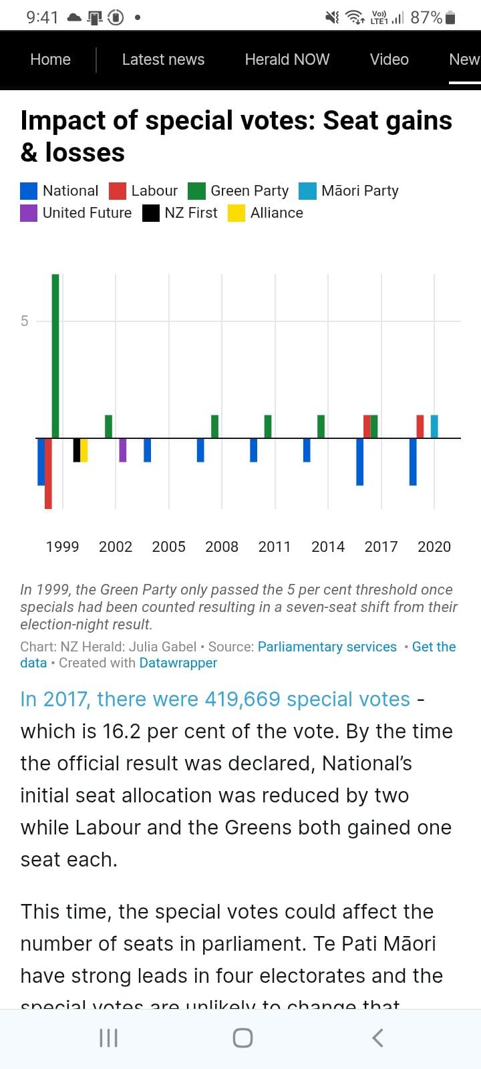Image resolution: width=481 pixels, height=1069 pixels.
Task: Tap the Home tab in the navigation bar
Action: [50, 59]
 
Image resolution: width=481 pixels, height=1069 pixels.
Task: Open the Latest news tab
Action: [163, 59]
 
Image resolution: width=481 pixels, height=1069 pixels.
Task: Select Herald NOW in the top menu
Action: [287, 59]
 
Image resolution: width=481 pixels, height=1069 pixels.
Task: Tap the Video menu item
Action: [389, 59]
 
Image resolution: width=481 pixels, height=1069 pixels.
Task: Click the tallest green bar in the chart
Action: [55, 355]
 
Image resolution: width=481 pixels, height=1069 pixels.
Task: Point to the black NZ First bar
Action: [77, 450]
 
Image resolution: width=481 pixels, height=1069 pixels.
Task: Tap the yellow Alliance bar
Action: [84, 450]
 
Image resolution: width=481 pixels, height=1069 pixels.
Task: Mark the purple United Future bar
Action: [122, 450]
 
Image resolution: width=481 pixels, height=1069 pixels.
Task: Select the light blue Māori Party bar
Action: [434, 426]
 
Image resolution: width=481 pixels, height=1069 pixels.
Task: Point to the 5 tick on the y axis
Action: [25, 321]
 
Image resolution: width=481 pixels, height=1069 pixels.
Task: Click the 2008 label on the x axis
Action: [222, 547]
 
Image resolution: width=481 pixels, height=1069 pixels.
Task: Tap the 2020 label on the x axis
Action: [434, 547]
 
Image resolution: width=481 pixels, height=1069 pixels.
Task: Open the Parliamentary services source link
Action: [327, 647]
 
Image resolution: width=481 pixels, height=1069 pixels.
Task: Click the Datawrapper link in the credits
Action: [178, 663]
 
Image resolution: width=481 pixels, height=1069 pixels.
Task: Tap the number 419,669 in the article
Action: [242, 699]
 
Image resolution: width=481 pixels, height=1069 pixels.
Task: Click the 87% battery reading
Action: [426, 17]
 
